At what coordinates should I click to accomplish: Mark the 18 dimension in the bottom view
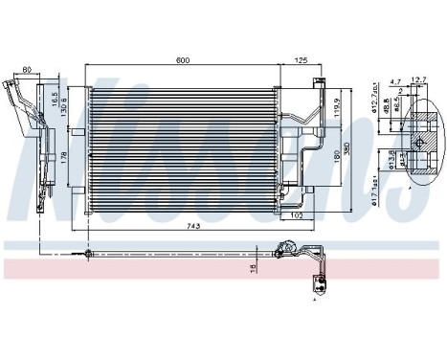(x=252, y=268)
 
